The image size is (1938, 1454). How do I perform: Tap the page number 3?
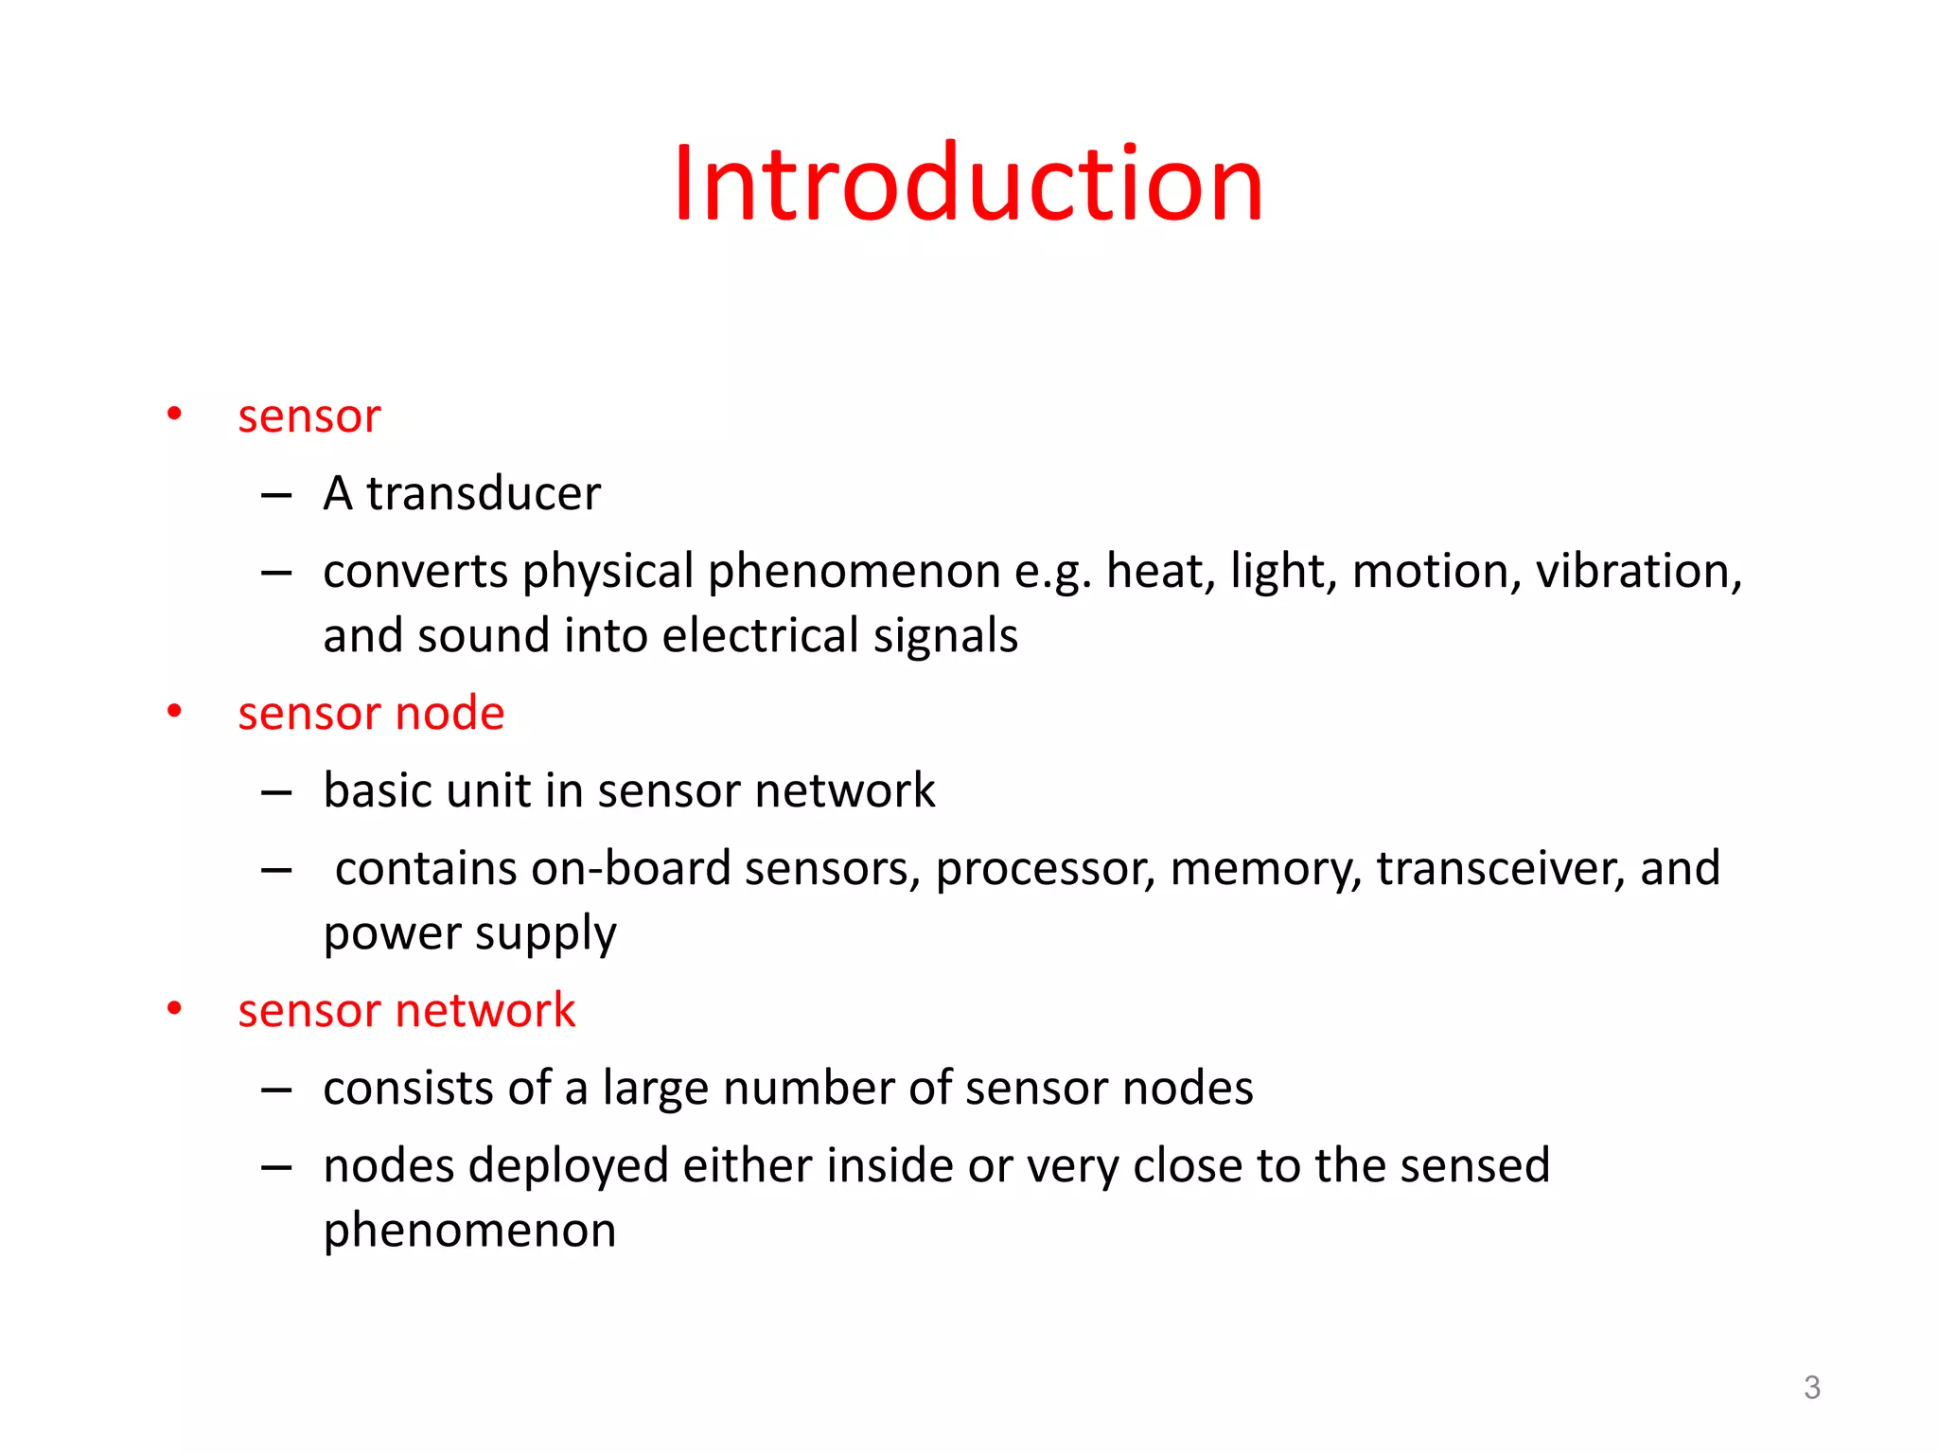coord(1811,1388)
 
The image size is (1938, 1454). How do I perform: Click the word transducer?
coord(484,493)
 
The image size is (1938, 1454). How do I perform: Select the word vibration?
coord(1638,571)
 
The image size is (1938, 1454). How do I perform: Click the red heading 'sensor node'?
coord(371,713)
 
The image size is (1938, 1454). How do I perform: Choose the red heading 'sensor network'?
coord(406,1010)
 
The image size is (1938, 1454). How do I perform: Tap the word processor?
coord(1045,869)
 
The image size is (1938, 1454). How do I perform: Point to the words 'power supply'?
coord(469,934)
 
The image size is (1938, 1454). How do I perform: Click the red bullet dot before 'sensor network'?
coord(174,1009)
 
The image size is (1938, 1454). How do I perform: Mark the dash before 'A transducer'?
coord(275,495)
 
